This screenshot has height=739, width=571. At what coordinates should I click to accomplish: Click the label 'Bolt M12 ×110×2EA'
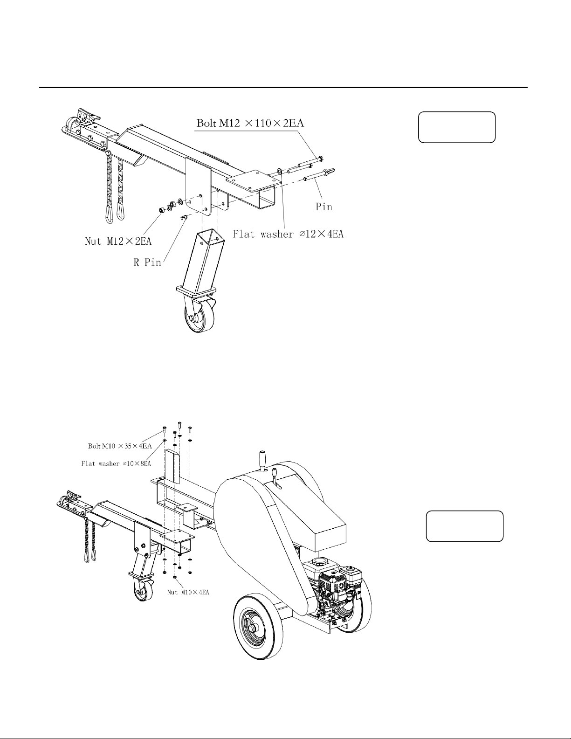pos(250,123)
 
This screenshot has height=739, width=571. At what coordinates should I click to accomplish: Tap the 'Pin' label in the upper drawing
pos(324,207)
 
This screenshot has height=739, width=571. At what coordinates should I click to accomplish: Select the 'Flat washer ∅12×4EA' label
pos(288,234)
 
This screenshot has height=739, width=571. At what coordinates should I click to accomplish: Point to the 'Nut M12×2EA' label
pos(118,242)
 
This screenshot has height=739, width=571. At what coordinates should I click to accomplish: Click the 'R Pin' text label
pos(147,262)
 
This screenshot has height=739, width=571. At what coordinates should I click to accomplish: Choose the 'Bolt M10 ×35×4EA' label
pos(120,446)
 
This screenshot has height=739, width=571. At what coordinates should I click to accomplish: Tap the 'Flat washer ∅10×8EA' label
pos(116,463)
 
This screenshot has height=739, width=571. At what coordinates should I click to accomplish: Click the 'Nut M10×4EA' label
pos(188,592)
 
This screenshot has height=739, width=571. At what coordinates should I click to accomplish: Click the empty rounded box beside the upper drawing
pos(456,127)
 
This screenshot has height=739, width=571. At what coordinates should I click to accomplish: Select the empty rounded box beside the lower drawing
pos(465,526)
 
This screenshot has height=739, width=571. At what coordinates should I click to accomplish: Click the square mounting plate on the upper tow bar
pos(254,182)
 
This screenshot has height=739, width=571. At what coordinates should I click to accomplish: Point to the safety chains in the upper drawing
pos(115,187)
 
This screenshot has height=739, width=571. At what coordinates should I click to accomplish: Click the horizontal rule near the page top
pos(283,87)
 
